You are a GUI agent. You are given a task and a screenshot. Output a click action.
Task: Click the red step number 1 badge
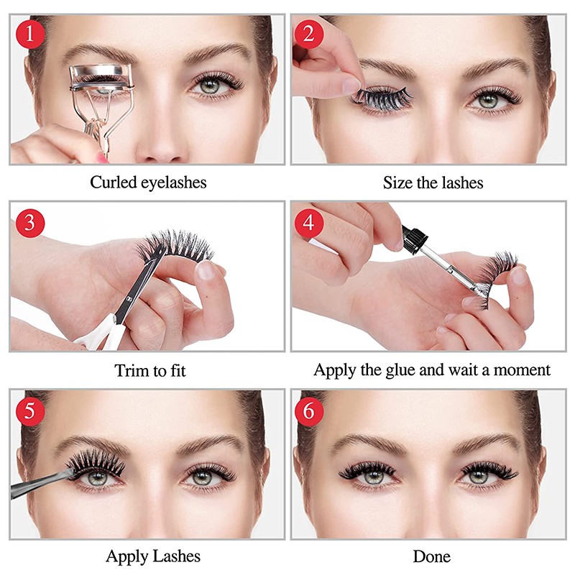[x=29, y=34]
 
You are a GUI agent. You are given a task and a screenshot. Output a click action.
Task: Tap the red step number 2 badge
[x=310, y=34]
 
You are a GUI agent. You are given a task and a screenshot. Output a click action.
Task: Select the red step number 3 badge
[x=29, y=222]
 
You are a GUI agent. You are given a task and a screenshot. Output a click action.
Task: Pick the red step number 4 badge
[x=310, y=222]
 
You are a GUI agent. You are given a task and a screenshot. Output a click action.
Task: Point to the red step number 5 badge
[x=29, y=410]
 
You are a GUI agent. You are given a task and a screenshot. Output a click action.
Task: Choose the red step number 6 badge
[x=310, y=410]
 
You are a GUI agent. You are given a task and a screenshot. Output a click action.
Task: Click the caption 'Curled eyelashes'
[x=148, y=183]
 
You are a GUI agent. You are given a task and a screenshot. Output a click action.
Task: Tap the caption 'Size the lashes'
[x=433, y=183]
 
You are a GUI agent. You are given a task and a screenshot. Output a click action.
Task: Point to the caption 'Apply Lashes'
[x=153, y=556]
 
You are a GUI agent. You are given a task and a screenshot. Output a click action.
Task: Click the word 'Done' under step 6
[x=432, y=556]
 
